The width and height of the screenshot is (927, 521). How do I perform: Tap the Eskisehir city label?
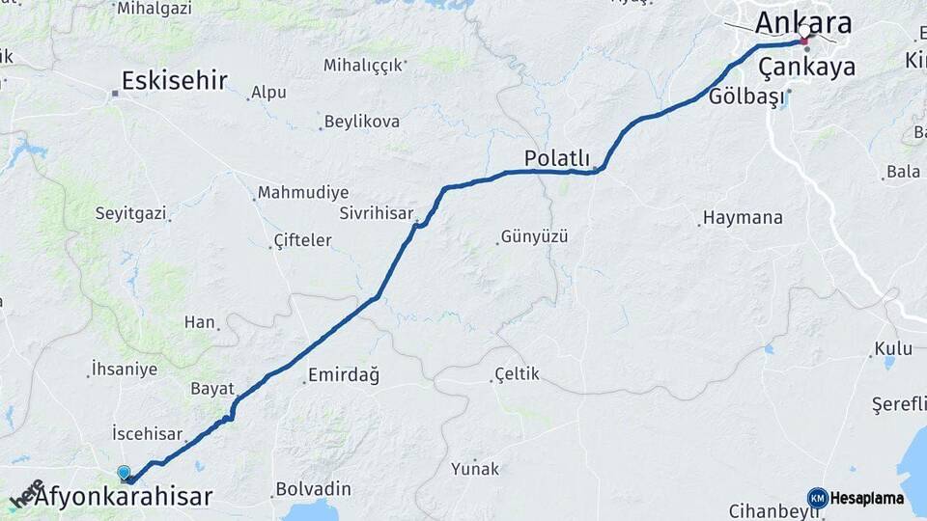click(175, 80)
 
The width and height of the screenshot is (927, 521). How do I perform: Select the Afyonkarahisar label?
click(123, 498)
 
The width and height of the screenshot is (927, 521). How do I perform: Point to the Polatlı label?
click(555, 157)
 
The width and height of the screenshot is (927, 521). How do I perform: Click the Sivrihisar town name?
click(376, 213)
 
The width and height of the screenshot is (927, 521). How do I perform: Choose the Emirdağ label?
click(343, 375)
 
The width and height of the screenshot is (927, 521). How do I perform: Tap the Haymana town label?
click(743, 218)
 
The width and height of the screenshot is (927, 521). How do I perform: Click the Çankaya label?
click(806, 67)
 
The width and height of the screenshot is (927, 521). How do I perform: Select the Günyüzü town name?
click(534, 236)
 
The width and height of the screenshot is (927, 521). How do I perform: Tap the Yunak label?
click(475, 469)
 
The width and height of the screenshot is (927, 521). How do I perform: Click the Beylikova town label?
click(362, 122)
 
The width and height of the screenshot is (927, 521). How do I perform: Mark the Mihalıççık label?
click(363, 66)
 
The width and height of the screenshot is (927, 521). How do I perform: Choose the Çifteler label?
click(302, 240)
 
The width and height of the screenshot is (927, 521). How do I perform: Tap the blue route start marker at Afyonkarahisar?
click(124, 473)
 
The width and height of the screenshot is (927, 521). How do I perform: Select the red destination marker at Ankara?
click(803, 41)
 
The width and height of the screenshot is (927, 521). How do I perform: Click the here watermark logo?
click(26, 493)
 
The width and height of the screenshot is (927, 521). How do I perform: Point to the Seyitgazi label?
click(130, 213)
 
